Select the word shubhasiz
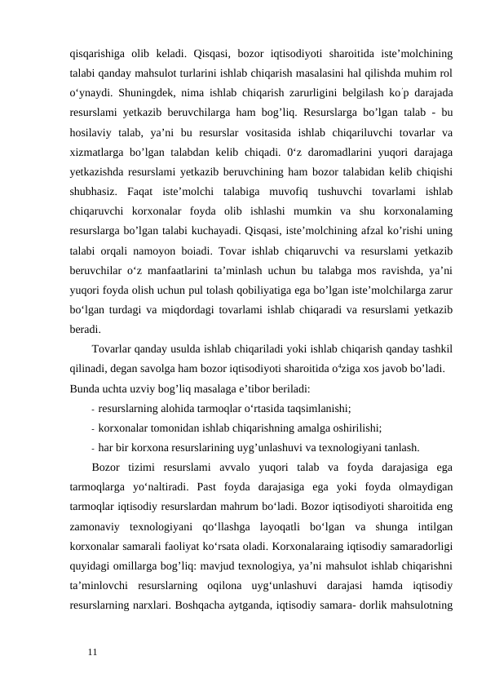click(x=95, y=197)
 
